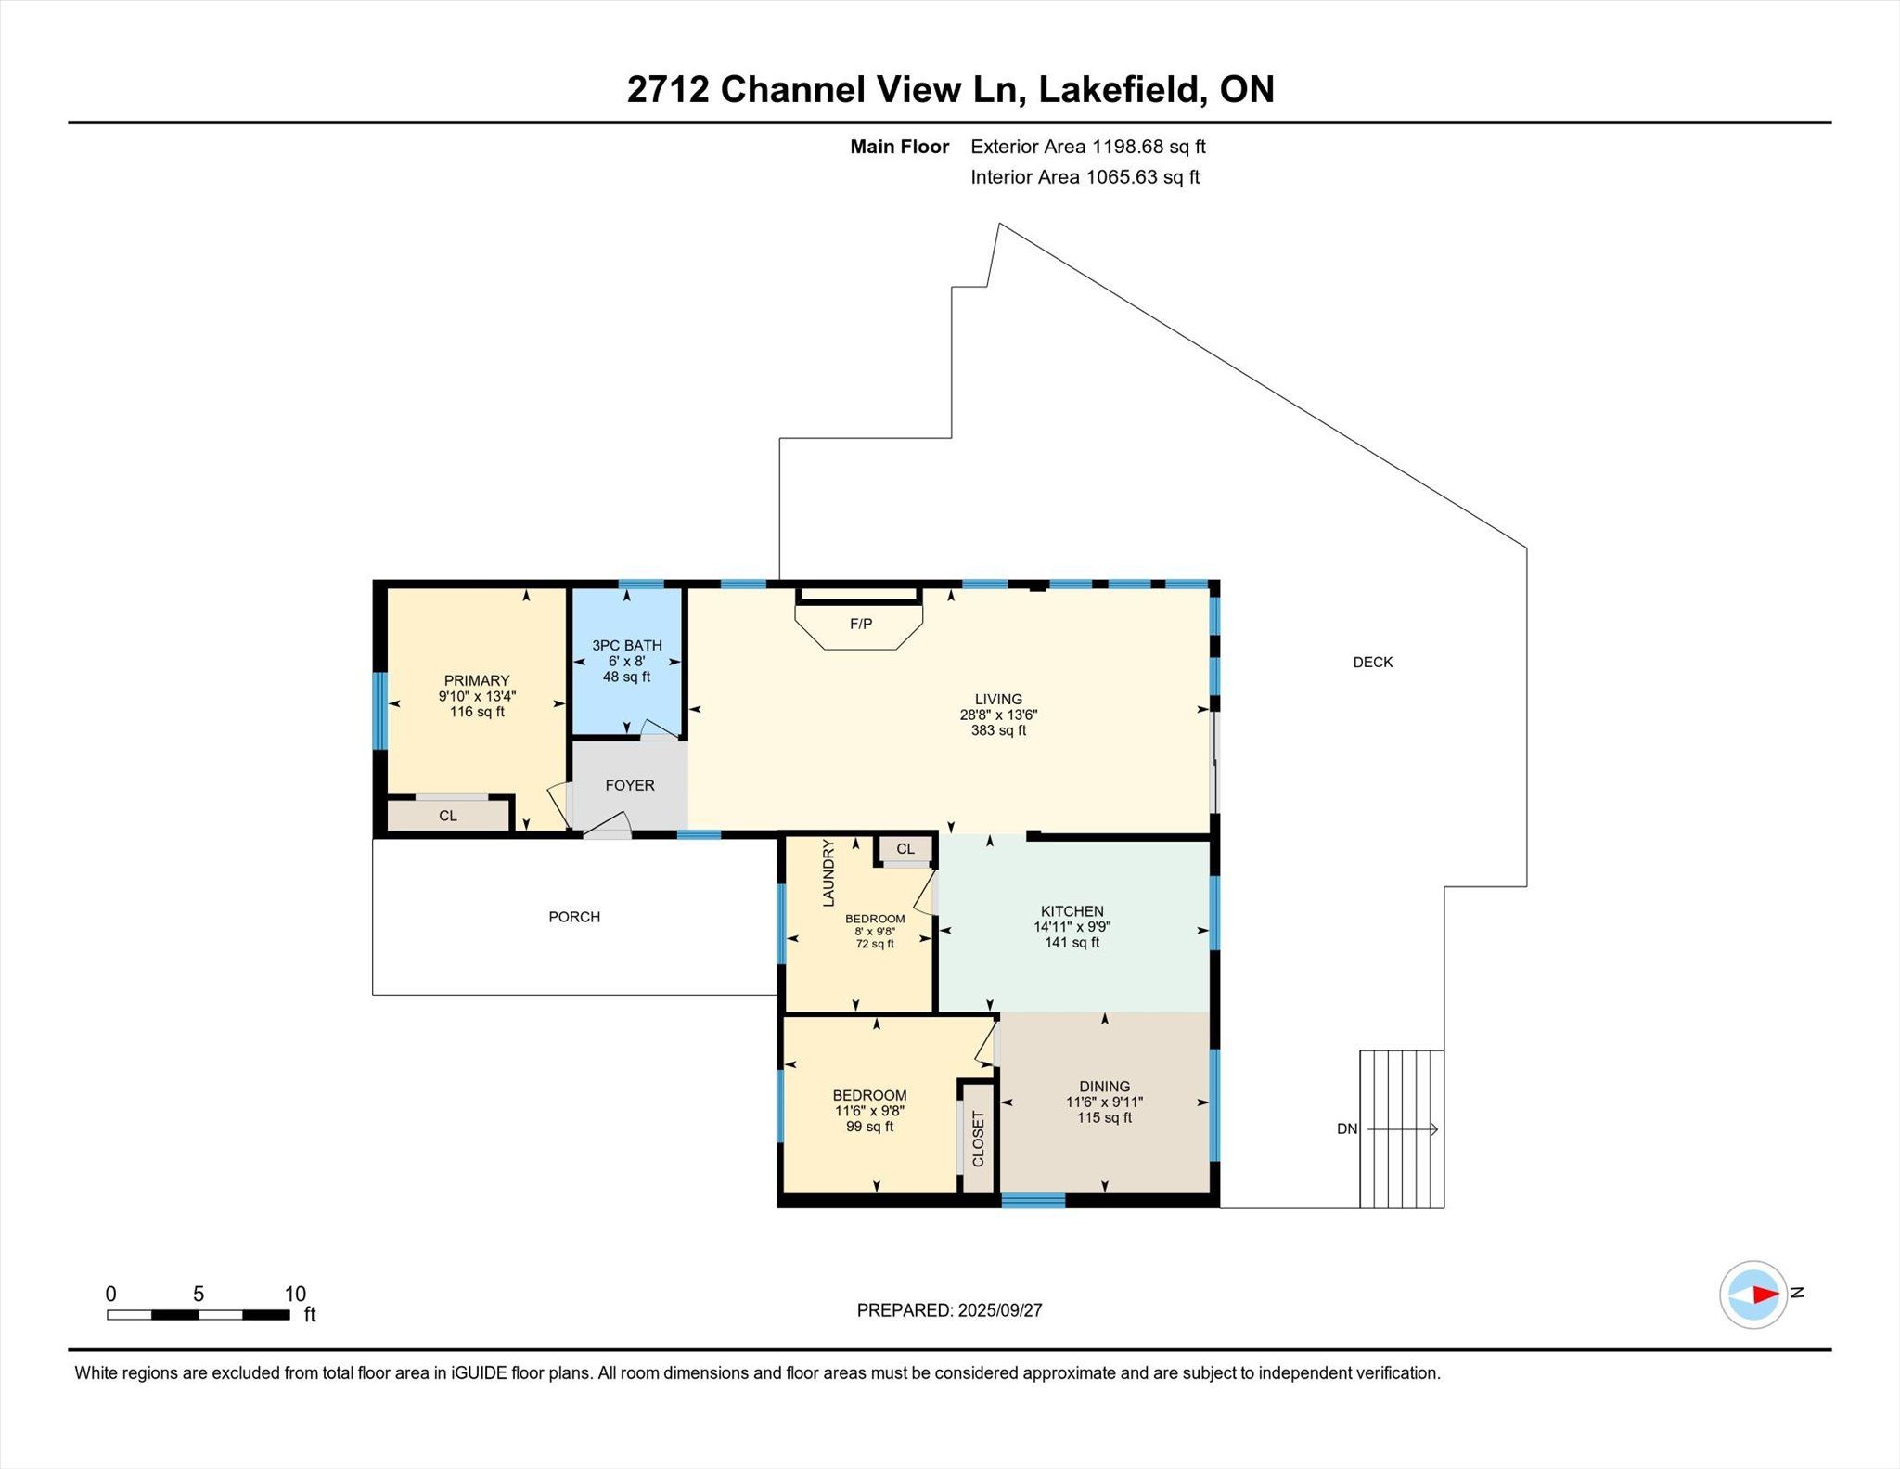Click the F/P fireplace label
point(861,624)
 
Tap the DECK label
point(1373,662)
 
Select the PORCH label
point(574,917)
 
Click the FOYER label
point(630,785)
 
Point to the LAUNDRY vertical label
point(828,873)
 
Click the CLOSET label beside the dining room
point(978,1139)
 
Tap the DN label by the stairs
point(1347,1129)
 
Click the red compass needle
point(1765,1295)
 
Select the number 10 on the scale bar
point(295,1294)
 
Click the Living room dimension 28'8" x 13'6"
point(998,715)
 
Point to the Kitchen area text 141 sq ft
point(1072,943)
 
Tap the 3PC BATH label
point(627,645)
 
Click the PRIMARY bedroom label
point(477,680)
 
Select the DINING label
point(1104,1086)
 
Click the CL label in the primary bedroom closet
point(448,816)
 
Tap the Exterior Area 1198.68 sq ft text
point(1088,147)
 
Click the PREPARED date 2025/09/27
point(1000,1310)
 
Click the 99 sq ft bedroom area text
point(869,1127)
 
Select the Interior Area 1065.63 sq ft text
point(1085,177)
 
